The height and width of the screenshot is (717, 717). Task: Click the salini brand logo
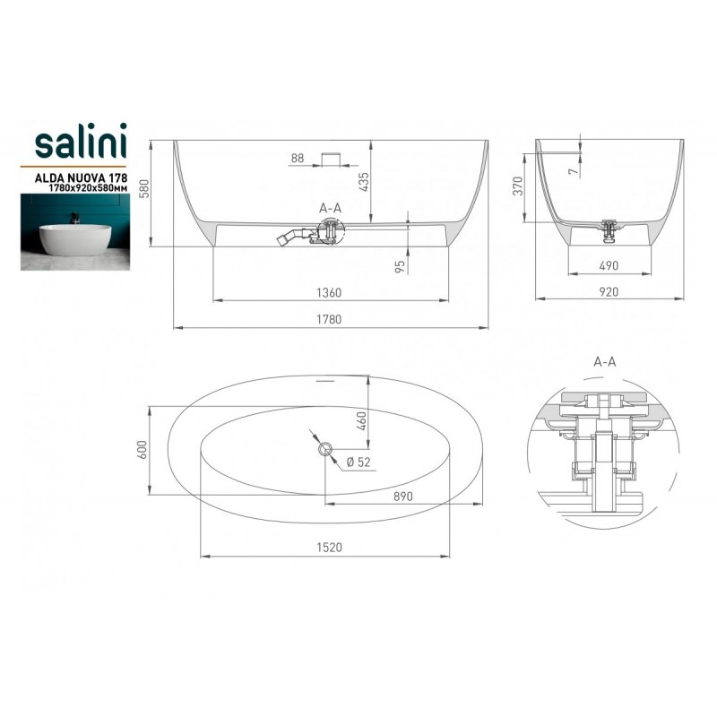(x=81, y=141)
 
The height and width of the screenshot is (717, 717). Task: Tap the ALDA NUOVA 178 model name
(x=81, y=177)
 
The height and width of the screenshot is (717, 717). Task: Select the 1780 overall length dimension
(x=329, y=319)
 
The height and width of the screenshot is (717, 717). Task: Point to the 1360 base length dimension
(x=329, y=292)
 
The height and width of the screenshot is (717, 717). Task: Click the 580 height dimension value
(x=144, y=188)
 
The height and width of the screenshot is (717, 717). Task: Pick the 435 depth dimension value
(x=364, y=182)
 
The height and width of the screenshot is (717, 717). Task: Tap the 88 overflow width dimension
(x=298, y=159)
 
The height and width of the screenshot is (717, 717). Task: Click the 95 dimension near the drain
(x=400, y=266)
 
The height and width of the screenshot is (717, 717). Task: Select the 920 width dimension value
(x=609, y=292)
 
